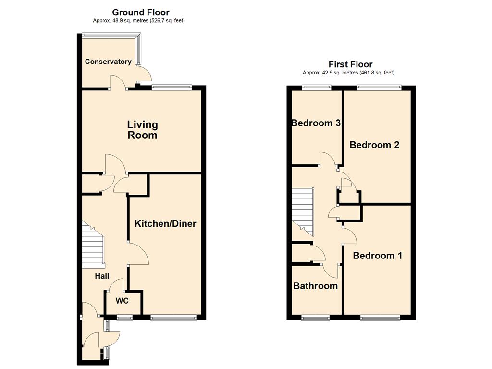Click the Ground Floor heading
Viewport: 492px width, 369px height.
[x=141, y=12]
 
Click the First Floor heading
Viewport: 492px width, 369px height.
[x=350, y=64]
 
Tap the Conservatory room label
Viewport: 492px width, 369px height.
[x=108, y=61]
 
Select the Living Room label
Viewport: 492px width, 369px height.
[x=142, y=130]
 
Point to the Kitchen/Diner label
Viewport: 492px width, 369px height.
[x=165, y=224]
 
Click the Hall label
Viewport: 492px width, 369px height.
[x=102, y=276]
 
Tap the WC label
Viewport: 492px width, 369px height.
[x=122, y=301]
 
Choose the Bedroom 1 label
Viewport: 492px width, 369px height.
[x=378, y=256]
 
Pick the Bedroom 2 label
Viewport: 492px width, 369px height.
[x=374, y=145]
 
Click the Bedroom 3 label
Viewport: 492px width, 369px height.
[x=316, y=123]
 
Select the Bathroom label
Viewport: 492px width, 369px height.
[x=315, y=286]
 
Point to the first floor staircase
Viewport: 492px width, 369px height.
[x=303, y=212]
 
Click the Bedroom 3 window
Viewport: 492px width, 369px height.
[x=317, y=87]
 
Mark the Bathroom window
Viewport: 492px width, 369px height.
[x=315, y=318]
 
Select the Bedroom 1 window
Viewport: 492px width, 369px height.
[x=381, y=318]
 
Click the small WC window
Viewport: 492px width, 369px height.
[x=124, y=318]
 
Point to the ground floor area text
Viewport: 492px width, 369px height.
[x=139, y=21]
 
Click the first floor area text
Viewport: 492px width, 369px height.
[x=348, y=73]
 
